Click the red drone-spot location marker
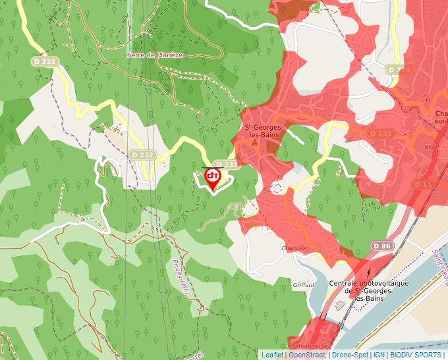pos(213,178)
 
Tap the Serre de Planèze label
pos(155,55)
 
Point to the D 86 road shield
pos(382,245)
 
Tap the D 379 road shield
pos(399,69)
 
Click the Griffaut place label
pos(304,284)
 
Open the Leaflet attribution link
pos(272,355)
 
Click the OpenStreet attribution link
pos(306,355)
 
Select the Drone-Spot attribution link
pos(350,355)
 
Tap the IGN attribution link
pos(379,355)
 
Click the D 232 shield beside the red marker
pos(226,165)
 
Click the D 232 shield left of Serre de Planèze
pos(43,61)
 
